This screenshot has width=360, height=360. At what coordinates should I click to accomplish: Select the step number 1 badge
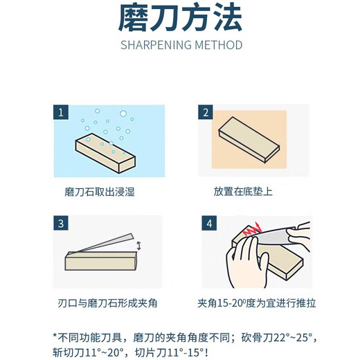point(61,112)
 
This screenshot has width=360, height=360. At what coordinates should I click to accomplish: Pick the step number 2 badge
point(206,112)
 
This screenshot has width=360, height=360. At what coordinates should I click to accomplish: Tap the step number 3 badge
point(61,223)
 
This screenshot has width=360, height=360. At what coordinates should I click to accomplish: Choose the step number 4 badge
point(209,223)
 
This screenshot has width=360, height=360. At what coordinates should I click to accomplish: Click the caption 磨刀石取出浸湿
point(100,192)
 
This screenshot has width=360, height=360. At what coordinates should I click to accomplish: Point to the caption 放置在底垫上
point(243,192)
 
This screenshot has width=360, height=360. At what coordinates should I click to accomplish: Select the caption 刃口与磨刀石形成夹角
point(107,303)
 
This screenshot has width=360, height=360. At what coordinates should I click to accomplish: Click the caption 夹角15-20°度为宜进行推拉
point(257,303)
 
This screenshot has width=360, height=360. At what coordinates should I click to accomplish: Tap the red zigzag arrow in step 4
point(252,229)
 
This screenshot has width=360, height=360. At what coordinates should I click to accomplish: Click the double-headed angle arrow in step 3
point(138,246)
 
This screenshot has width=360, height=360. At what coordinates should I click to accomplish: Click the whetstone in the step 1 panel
point(105,153)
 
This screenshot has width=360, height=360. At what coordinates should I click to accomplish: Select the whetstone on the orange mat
point(249,140)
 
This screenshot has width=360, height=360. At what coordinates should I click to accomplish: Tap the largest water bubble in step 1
point(123,114)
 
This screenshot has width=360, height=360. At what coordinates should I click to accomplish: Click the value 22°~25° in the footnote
point(293,338)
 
